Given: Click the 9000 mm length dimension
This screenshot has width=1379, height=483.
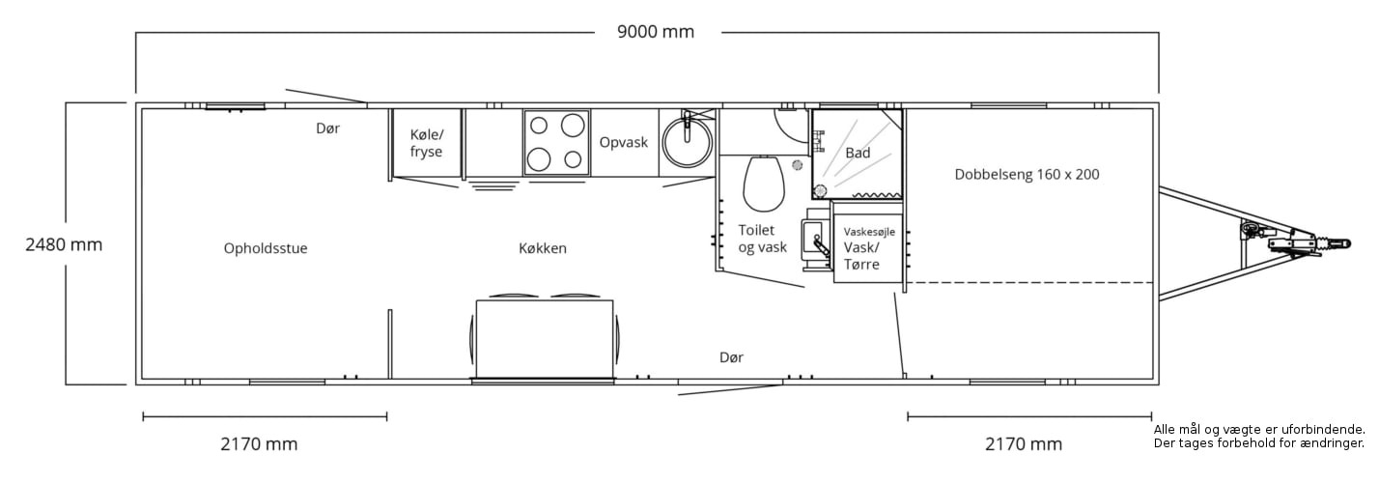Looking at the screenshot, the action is click(656, 32).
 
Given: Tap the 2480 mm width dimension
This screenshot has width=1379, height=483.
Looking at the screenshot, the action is click(64, 244).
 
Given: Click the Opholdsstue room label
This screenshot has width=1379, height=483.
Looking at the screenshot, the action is click(266, 248).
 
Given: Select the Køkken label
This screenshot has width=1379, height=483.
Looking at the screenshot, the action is click(543, 248).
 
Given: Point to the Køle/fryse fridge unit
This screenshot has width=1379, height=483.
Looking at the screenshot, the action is click(426, 144).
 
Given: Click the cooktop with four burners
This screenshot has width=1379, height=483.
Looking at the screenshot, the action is click(556, 143).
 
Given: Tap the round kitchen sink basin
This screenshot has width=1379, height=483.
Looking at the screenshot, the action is click(688, 143).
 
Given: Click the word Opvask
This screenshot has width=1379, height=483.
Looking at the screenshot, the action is click(624, 142).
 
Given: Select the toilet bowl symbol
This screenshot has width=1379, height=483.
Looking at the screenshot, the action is click(764, 184).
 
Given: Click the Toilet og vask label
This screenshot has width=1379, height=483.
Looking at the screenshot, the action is click(762, 239).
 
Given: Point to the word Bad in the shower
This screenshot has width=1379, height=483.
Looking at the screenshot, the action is click(858, 153).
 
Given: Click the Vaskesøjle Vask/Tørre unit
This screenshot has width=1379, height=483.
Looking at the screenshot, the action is click(868, 248).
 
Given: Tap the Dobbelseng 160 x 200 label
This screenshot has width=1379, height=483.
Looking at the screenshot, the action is click(1027, 174).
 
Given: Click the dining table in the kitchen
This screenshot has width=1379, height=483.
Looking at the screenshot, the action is click(545, 339).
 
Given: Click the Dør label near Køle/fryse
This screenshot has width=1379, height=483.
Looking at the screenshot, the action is click(327, 128).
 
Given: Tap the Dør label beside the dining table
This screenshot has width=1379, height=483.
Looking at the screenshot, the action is click(731, 357).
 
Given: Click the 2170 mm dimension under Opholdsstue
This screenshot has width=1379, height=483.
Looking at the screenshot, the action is click(259, 444).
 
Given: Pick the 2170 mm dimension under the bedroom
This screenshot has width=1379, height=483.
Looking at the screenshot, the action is click(1024, 444).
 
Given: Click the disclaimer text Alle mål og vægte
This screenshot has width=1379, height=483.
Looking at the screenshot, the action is click(1259, 437).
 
